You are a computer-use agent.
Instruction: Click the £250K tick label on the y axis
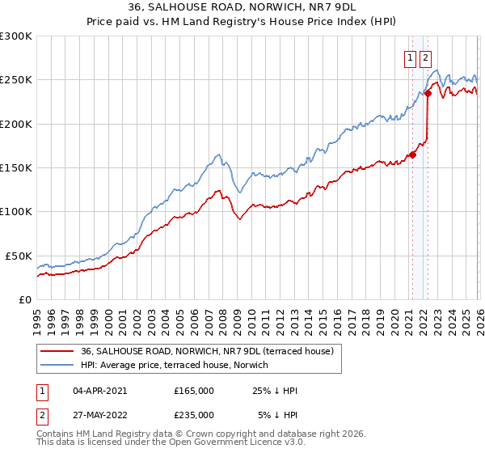tap(15, 80)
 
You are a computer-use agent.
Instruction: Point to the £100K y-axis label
tap(15, 211)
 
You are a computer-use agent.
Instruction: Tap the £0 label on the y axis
tap(24, 299)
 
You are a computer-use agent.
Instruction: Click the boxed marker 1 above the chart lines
tap(410, 57)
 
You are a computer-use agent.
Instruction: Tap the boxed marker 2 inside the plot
tap(425, 57)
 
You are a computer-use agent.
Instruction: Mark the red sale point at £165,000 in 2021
tap(413, 155)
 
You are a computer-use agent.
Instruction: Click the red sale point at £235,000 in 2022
tap(428, 93)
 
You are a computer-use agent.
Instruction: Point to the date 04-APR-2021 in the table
tap(99, 391)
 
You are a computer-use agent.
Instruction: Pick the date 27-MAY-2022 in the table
tap(100, 416)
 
